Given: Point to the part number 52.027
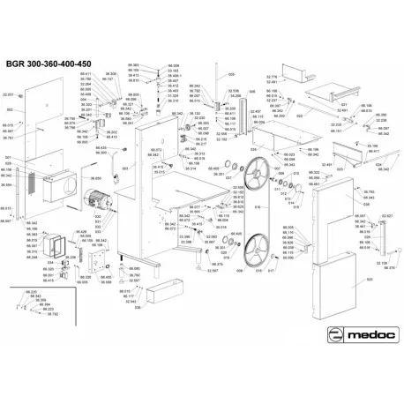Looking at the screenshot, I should (385, 215).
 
